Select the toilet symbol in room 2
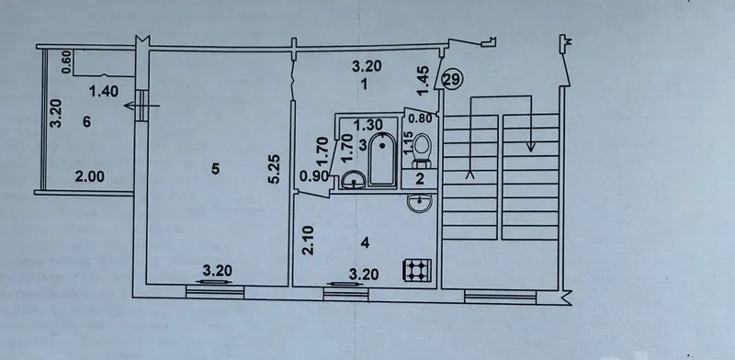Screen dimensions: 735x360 click(422, 151)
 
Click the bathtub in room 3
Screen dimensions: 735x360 click(382, 160)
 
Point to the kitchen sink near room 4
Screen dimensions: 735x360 click(420, 202)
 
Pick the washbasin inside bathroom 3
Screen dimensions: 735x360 click(353, 180)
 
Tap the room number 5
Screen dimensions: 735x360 click(215, 169)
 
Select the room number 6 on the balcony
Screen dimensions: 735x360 click(86, 122)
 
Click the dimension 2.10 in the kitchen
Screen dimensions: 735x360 click(308, 241)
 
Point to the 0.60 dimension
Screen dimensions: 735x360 click(66, 62)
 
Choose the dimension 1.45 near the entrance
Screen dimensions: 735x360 click(424, 80)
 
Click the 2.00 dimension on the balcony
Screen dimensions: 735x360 click(90, 176)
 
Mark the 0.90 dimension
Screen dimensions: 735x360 click(313, 177)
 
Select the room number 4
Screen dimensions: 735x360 click(366, 242)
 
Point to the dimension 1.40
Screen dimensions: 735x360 click(103, 92)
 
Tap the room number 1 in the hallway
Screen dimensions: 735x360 click(362, 84)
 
